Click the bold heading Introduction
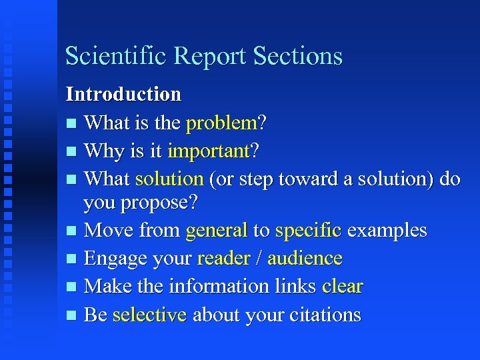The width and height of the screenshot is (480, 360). click(x=123, y=95)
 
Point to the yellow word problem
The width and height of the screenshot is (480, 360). click(x=221, y=123)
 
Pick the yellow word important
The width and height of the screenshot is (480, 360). click(x=208, y=151)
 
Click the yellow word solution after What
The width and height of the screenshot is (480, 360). click(x=169, y=179)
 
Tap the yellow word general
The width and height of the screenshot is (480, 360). click(x=217, y=231)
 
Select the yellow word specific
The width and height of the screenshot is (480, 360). click(x=309, y=231)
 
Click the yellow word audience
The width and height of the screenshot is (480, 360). click(x=305, y=259)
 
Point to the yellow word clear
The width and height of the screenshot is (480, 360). click(x=343, y=287)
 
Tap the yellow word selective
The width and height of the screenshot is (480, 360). click(x=149, y=315)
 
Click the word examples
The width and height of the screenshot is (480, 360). click(x=387, y=231)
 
